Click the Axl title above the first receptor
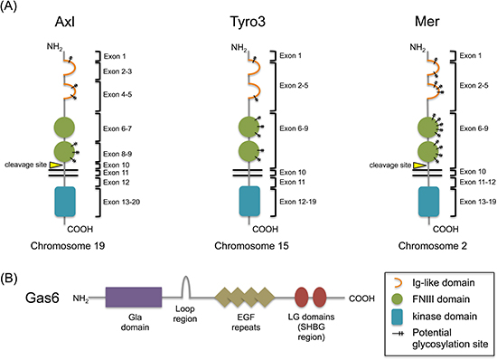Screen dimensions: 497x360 [x=65, y=22]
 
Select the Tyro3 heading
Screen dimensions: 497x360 [x=248, y=23]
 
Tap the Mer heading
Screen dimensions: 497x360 [x=427, y=22]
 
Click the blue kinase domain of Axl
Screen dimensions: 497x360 [x=65, y=202]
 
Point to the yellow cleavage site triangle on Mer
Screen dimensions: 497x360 [x=419, y=166]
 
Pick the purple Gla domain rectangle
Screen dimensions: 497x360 [x=134, y=298]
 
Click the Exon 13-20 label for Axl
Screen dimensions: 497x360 [x=121, y=202]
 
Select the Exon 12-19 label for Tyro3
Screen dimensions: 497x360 [x=298, y=202]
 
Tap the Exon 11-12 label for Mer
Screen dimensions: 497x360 [x=477, y=182]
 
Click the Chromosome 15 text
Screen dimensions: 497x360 [x=252, y=246]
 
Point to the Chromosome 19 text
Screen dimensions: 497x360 [x=68, y=246]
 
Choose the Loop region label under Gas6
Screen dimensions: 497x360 [x=185, y=314]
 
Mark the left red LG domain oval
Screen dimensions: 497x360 [x=302, y=298]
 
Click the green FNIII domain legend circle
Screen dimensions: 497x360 [x=398, y=299]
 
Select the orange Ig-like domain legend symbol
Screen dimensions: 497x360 [x=399, y=282]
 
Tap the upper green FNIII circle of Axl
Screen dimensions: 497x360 [x=64, y=128]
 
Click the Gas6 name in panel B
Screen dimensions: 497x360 [x=42, y=298]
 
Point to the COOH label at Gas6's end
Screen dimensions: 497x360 [x=361, y=298]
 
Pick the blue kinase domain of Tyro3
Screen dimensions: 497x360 [x=249, y=202]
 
